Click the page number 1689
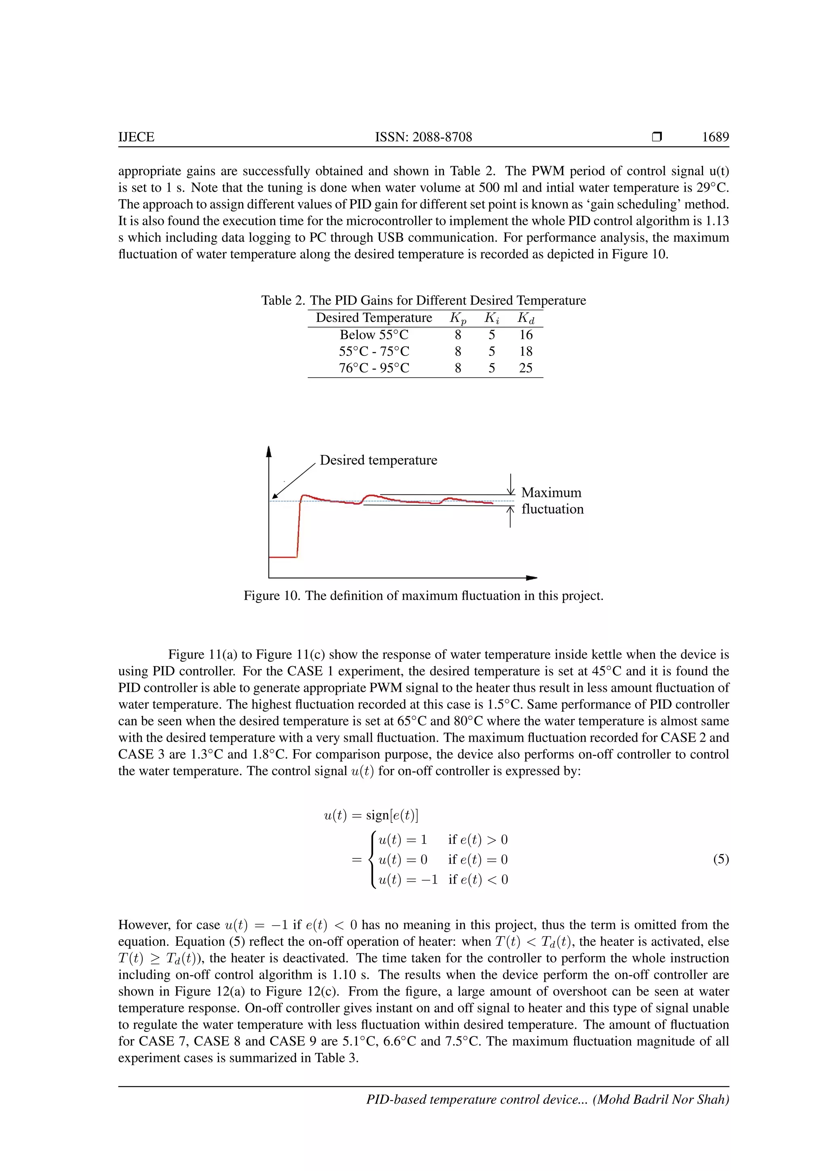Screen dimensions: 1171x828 (715, 137)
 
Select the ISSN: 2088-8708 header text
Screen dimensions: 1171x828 (423, 137)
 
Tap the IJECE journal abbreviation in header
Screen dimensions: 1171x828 (136, 137)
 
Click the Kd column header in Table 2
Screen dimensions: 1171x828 (526, 318)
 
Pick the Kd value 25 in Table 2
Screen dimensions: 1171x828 (526, 368)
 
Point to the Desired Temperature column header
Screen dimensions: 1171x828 (374, 318)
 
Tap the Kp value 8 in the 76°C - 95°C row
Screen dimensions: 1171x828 (458, 368)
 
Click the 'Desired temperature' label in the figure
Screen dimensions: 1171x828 (378, 460)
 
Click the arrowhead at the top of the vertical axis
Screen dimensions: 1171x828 (269, 451)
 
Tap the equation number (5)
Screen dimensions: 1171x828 (720, 859)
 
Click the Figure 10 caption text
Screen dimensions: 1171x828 (423, 596)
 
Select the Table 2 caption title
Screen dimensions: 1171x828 (423, 300)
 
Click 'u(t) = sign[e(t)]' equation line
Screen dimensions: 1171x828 (371, 815)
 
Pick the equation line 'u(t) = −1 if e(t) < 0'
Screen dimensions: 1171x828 (443, 879)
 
